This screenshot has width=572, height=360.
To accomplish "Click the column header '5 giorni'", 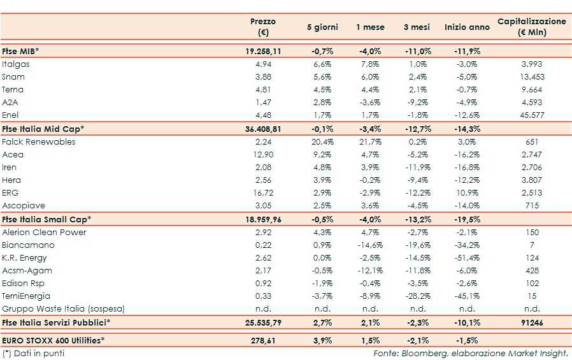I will coord(322,27).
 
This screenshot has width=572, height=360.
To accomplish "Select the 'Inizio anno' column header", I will coord(467,27).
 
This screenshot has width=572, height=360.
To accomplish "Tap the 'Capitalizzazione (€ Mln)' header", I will coord(531,27).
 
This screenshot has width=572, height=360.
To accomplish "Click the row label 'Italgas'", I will coord(16,64).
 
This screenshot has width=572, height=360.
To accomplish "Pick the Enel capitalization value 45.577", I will coord(531,115).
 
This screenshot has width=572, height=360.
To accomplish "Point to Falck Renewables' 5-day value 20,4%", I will coord(322,141).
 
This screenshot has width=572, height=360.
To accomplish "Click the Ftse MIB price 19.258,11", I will coord(263,51).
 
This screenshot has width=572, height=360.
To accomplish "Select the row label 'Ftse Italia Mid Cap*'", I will coord(43,129).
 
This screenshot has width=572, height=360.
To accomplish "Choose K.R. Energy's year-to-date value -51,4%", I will coord(467,258).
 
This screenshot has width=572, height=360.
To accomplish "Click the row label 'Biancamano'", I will coord(28,245).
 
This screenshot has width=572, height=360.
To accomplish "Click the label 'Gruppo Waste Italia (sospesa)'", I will coord(63,309).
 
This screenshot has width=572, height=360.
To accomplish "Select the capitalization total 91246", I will coord(531,322).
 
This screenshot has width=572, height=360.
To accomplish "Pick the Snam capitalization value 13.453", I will coord(531,77).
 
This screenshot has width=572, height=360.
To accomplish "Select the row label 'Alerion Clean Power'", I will coord(44,233).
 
